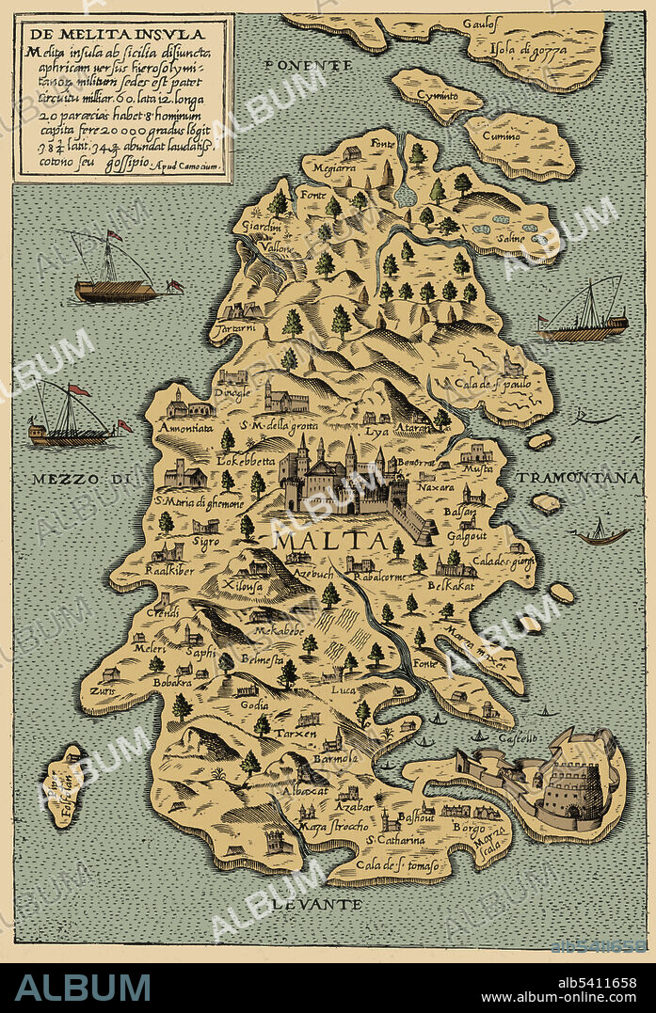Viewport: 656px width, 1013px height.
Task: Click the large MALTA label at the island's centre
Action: (328, 542)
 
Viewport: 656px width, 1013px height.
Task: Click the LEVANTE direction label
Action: (325, 903)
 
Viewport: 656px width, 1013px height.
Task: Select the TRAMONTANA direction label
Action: (577, 479)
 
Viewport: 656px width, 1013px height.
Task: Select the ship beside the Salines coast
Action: (584, 315)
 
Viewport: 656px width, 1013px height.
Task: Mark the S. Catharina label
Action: (395, 839)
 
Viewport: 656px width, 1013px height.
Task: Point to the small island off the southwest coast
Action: (64, 785)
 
